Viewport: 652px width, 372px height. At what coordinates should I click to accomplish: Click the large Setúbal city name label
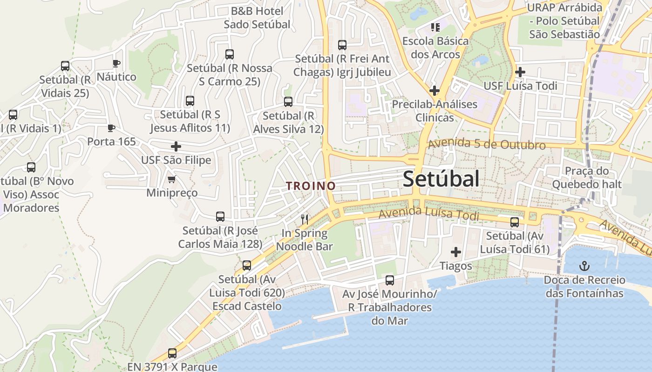click(441, 179)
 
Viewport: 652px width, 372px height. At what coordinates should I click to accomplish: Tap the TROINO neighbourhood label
click(311, 186)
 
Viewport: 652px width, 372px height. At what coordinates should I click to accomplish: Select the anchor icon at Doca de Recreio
click(584, 266)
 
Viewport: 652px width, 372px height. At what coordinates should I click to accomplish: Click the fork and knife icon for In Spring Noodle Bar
click(305, 219)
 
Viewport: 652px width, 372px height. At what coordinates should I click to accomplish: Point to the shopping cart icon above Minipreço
click(172, 179)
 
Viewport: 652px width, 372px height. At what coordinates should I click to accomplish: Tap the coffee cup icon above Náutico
click(116, 63)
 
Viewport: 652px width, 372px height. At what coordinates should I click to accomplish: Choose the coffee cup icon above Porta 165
click(111, 128)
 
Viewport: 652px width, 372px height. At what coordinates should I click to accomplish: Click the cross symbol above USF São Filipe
click(176, 146)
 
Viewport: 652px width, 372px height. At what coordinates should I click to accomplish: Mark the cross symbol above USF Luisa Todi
click(520, 72)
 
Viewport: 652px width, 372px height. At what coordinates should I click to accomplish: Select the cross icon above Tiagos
click(456, 252)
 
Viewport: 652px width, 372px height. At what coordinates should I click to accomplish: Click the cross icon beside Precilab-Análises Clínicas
click(435, 90)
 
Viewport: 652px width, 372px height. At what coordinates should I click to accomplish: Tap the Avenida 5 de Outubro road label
click(487, 144)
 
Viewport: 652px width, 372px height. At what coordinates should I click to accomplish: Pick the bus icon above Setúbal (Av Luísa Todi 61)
click(515, 222)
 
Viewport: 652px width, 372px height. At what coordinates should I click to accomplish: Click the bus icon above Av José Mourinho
click(390, 280)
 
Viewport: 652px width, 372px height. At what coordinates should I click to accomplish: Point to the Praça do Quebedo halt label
click(586, 178)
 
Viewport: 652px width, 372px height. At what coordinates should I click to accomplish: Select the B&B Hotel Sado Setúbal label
click(257, 18)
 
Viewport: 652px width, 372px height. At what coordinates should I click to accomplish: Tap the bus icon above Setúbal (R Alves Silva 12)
click(288, 102)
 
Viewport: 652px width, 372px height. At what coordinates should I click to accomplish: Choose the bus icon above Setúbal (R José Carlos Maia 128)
click(220, 217)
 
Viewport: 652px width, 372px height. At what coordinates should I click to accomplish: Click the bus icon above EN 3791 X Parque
click(172, 353)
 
